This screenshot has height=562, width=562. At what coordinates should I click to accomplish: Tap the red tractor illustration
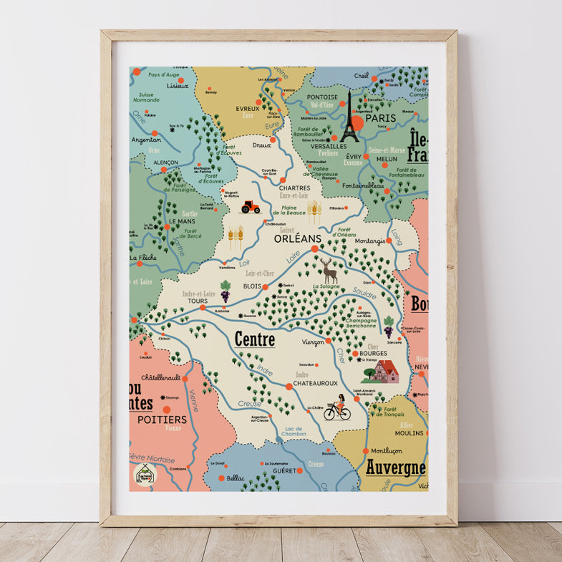[251, 207]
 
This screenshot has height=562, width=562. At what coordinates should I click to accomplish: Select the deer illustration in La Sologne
[329, 271]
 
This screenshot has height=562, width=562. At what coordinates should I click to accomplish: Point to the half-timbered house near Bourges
[384, 372]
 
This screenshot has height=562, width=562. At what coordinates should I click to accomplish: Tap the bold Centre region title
[255, 339]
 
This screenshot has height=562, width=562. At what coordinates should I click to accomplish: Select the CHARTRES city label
[294, 188]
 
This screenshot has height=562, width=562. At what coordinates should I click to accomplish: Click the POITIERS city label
[162, 419]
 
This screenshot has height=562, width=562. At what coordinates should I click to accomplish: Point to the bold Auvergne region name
[395, 468]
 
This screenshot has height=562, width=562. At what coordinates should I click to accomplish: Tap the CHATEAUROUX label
[315, 383]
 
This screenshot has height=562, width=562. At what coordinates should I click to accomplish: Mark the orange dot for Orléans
[314, 248]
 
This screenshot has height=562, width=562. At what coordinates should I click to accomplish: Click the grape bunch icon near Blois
[226, 290]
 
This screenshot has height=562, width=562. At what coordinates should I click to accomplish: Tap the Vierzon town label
[314, 343]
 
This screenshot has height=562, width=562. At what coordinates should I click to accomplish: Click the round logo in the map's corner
[144, 475]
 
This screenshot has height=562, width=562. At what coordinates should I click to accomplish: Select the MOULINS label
[409, 433]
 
